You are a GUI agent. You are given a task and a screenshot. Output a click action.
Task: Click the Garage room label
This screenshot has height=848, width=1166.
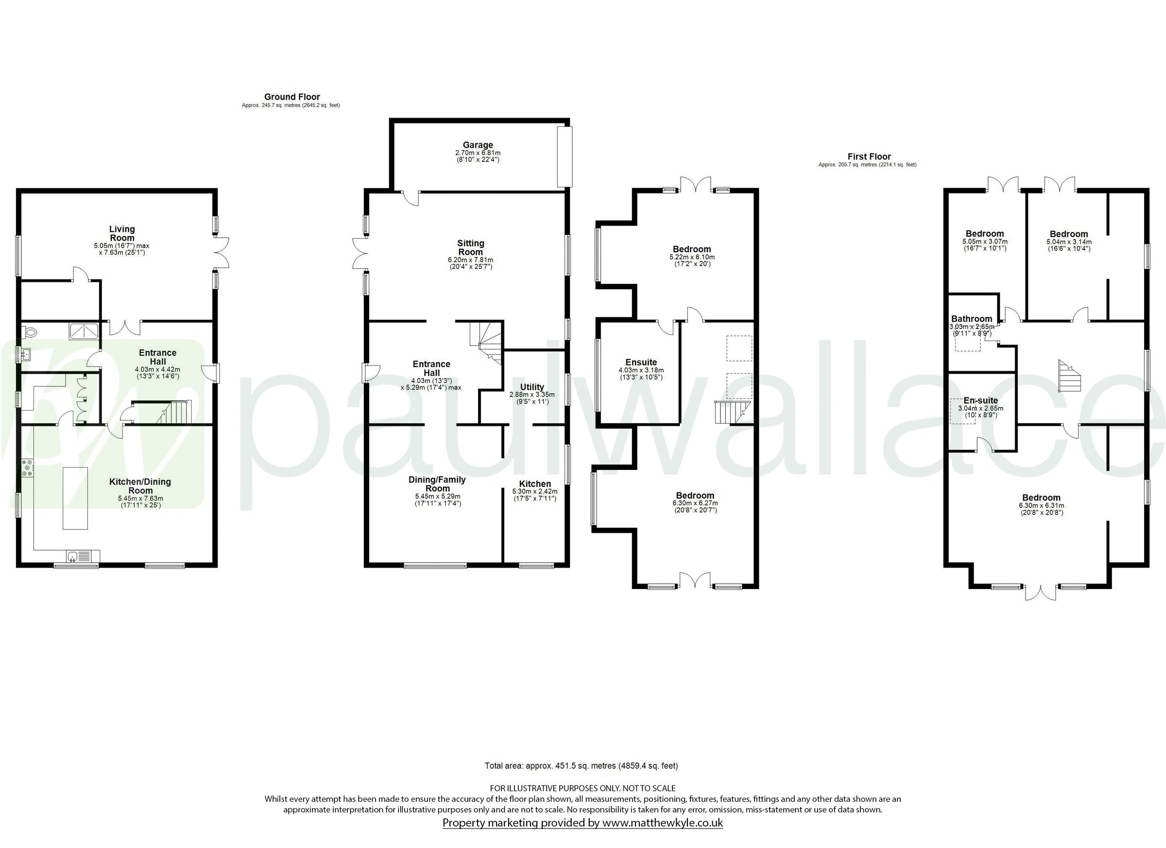point(478,145)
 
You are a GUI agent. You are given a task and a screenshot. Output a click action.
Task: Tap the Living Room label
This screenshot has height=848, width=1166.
point(122,233)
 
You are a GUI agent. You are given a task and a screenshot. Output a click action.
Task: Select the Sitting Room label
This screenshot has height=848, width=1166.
point(470,247)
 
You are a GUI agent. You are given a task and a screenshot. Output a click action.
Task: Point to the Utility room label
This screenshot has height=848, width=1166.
point(532,387)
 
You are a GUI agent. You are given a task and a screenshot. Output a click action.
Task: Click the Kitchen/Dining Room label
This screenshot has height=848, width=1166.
point(140,486)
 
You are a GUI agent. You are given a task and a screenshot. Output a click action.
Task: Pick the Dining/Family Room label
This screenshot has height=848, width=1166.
point(437,484)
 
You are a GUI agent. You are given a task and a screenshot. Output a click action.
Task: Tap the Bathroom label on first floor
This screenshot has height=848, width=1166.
point(971,319)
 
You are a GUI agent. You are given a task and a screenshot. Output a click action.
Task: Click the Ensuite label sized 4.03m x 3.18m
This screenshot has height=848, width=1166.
point(641,362)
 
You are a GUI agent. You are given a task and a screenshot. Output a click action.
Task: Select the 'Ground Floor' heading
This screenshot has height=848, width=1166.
point(292,97)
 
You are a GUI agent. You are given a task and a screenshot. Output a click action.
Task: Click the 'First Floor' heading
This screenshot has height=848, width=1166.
point(869,156)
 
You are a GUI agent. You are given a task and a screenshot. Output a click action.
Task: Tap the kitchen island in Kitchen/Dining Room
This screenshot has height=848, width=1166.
point(75,498)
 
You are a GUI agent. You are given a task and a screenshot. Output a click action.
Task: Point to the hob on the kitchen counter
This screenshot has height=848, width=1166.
point(27,468)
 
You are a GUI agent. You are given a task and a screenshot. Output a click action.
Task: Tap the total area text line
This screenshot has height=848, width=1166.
point(581,766)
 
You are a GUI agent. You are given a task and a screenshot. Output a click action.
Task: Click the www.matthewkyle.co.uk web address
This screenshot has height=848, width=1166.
point(662,823)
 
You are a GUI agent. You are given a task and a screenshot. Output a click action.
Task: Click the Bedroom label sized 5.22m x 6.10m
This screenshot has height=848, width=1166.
point(692,249)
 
